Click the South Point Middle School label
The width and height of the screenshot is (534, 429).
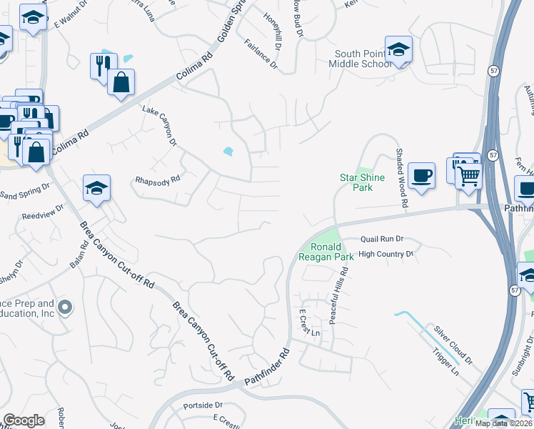[363, 59]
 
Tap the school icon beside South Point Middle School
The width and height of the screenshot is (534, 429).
[398, 50]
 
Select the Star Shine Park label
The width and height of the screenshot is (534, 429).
[361, 182]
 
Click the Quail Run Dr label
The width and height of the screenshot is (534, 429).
[382, 239]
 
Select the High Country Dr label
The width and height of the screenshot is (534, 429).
[386, 254]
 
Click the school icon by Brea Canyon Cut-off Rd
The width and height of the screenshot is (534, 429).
[96, 188]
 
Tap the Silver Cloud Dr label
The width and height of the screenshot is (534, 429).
[453, 343]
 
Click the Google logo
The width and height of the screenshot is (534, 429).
[24, 420]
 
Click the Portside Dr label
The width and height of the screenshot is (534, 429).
[203, 405]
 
